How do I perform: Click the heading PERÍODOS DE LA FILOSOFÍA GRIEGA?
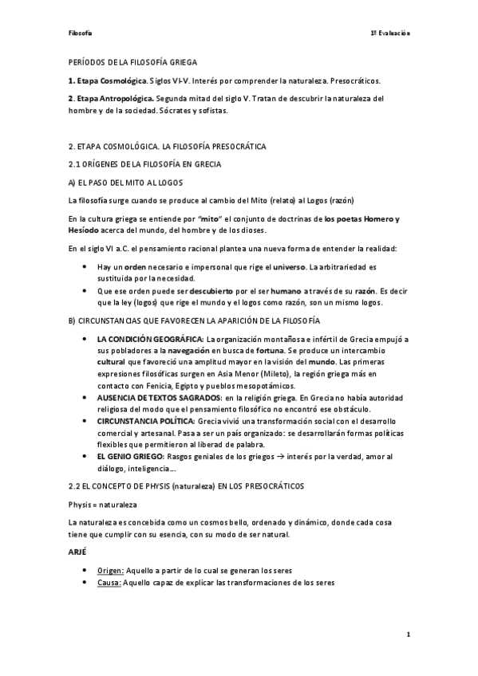click(132, 61)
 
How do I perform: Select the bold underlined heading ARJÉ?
click(78, 551)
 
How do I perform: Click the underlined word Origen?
click(110, 571)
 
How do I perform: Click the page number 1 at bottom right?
click(407, 635)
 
